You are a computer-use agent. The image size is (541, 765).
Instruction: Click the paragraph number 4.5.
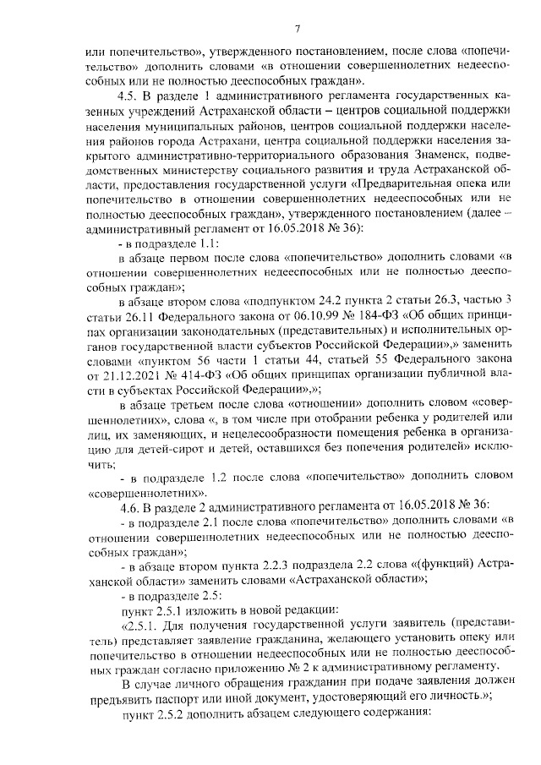tap(128, 96)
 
